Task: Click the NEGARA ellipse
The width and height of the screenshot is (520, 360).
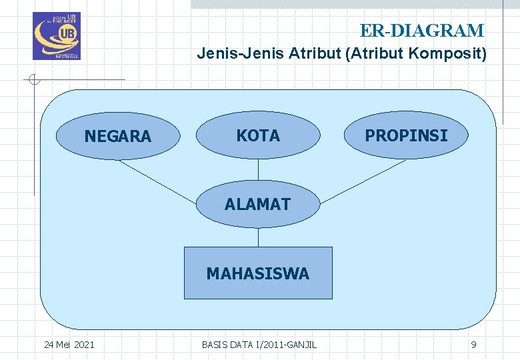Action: pyautogui.click(x=118, y=136)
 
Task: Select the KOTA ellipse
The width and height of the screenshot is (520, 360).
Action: pyautogui.click(x=258, y=135)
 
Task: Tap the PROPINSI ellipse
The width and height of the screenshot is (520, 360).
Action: pyautogui.click(x=406, y=135)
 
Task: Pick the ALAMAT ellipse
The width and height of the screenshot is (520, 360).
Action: pyautogui.click(x=258, y=205)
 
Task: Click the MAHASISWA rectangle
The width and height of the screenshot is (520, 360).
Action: pyautogui.click(x=258, y=273)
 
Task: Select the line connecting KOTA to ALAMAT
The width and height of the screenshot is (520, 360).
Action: pyautogui.click(x=258, y=171)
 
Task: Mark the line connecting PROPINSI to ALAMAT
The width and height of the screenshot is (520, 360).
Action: pyautogui.click(x=354, y=181)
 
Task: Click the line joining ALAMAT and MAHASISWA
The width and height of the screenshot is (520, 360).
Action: pyautogui.click(x=258, y=237)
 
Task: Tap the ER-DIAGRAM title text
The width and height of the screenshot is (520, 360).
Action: pyautogui.click(x=422, y=31)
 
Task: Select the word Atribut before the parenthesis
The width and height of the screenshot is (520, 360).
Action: pyautogui.click(x=313, y=54)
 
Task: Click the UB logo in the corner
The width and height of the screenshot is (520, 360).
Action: pyautogui.click(x=56, y=36)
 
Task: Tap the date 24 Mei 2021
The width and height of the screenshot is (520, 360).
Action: pyautogui.click(x=69, y=345)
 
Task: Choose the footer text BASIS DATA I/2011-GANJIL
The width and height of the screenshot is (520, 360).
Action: pyautogui.click(x=259, y=345)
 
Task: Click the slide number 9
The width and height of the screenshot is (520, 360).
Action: pyautogui.click(x=473, y=345)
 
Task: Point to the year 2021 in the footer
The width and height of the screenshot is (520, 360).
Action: pyautogui.click(x=84, y=345)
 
